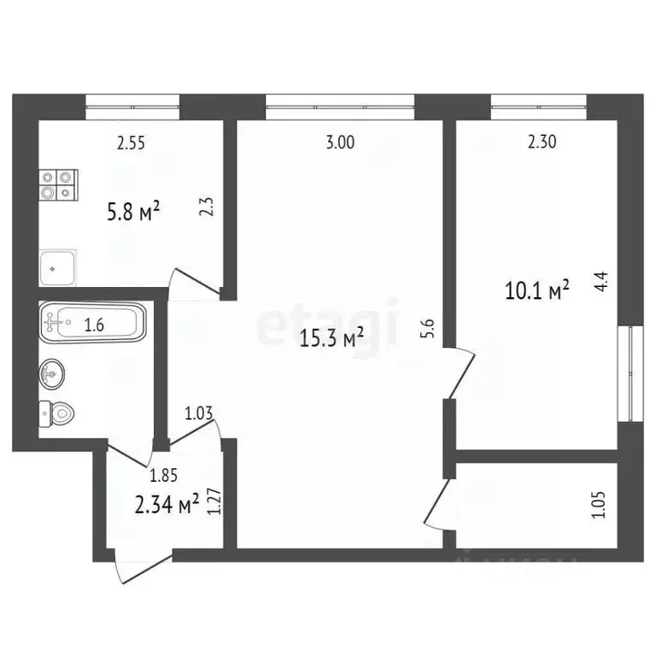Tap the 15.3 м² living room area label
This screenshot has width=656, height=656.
point(332,339)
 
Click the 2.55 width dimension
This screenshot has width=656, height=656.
point(131,143)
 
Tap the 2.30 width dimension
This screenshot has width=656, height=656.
point(542,143)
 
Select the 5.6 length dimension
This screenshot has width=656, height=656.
point(429,329)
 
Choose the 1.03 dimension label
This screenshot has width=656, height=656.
point(199,414)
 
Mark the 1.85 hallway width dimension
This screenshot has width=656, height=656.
point(164,475)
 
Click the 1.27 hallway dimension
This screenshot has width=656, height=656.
point(216,501)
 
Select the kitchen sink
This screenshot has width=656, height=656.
point(59,267)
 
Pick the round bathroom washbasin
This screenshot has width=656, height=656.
point(51,372)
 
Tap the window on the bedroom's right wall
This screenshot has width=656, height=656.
point(632,372)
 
